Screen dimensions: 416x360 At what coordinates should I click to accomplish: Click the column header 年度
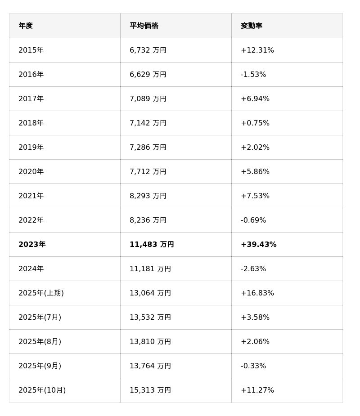(26, 26)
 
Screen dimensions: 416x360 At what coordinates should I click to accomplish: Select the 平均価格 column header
(144, 26)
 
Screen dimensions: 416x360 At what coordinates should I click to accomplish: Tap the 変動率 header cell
(252, 26)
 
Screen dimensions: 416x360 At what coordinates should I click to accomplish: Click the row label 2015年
(31, 50)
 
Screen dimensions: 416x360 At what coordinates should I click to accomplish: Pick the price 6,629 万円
(148, 75)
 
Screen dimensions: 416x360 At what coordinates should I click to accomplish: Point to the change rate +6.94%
(255, 99)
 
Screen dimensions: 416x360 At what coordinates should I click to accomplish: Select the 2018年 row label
(31, 123)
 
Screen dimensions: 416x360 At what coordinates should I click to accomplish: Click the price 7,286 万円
(148, 148)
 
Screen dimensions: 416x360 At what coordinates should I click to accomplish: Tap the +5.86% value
(255, 172)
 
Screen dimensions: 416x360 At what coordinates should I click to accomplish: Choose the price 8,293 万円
(148, 196)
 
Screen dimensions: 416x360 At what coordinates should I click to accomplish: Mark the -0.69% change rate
(253, 220)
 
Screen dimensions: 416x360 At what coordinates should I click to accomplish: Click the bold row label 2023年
(32, 245)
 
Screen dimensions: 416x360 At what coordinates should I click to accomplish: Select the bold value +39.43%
(259, 245)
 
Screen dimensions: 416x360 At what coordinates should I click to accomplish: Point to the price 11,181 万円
(150, 269)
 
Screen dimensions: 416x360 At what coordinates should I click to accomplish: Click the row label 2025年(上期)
(41, 293)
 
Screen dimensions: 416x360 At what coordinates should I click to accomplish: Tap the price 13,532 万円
(150, 318)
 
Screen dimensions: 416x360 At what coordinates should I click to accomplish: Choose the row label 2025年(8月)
(40, 342)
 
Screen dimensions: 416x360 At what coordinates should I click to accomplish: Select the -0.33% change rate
(253, 366)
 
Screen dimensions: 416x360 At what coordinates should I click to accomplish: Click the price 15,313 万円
(150, 390)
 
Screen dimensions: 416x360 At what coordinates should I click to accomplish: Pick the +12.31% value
(257, 50)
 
